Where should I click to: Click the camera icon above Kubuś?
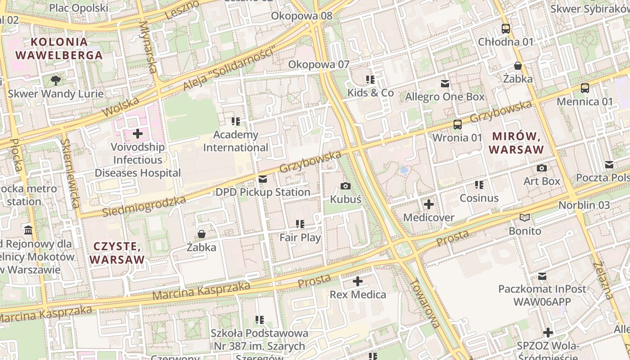tap(346, 186)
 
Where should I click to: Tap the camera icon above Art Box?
tap(542, 168)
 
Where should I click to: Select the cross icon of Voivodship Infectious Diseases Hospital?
tap(138, 134)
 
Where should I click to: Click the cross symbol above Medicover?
tap(429, 205)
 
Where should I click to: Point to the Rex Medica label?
tap(358, 295)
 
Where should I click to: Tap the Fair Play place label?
tap(300, 238)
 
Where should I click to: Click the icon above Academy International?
tap(236, 121)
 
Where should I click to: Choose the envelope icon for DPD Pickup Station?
tap(263, 179)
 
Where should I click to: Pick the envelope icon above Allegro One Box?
tap(445, 84)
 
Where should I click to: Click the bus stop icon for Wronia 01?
tap(458, 125)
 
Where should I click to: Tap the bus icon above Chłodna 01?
tap(506, 29)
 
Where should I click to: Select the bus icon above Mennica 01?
tap(585, 88)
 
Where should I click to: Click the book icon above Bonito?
tap(525, 218)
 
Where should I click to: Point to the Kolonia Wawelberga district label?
tap(59, 49)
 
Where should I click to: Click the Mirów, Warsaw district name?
tap(517, 143)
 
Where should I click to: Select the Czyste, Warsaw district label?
tap(117, 253)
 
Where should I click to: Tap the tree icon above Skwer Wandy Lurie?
tap(56, 81)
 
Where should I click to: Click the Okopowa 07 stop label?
tap(319, 64)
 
